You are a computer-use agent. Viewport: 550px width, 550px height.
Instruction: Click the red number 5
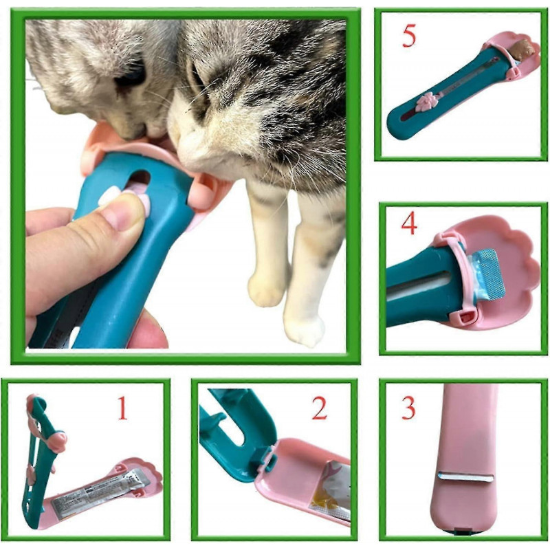[409, 36]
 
